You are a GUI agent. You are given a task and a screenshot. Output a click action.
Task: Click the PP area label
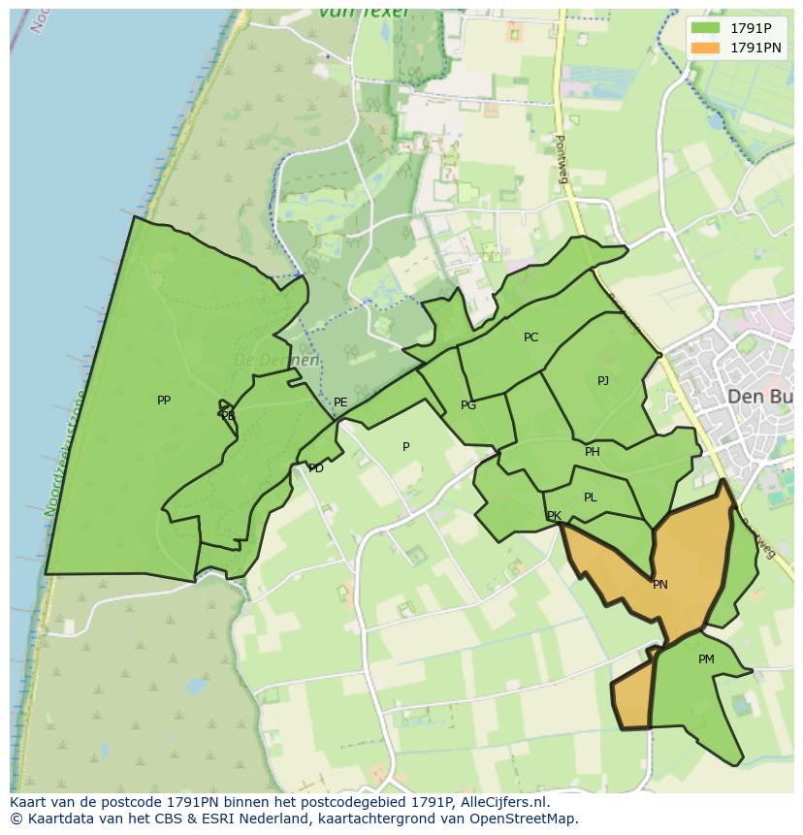click(x=164, y=401)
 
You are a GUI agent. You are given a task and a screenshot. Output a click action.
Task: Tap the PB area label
click(x=228, y=416)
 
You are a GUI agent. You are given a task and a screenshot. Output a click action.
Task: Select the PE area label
click(x=340, y=402)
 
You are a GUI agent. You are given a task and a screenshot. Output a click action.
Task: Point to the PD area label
click(x=316, y=468)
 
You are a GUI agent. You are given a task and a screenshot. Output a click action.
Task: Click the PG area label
click(x=468, y=405)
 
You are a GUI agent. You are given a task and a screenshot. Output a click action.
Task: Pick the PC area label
click(x=530, y=337)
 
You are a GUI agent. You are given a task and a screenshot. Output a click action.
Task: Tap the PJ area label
click(x=603, y=381)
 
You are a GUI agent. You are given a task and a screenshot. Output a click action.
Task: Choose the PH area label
click(x=593, y=452)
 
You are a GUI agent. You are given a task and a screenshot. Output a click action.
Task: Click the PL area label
click(x=591, y=498)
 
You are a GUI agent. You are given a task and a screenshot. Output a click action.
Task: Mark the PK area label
click(x=554, y=516)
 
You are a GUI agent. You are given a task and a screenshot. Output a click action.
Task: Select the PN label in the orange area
click(x=660, y=585)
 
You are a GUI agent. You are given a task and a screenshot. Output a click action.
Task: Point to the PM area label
click(x=706, y=659)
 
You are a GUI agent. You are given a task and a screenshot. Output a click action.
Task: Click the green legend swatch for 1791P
click(x=706, y=28)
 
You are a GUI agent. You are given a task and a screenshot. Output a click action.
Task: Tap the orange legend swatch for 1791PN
click(x=706, y=48)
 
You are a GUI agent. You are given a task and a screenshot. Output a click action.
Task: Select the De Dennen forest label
click(x=276, y=360)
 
